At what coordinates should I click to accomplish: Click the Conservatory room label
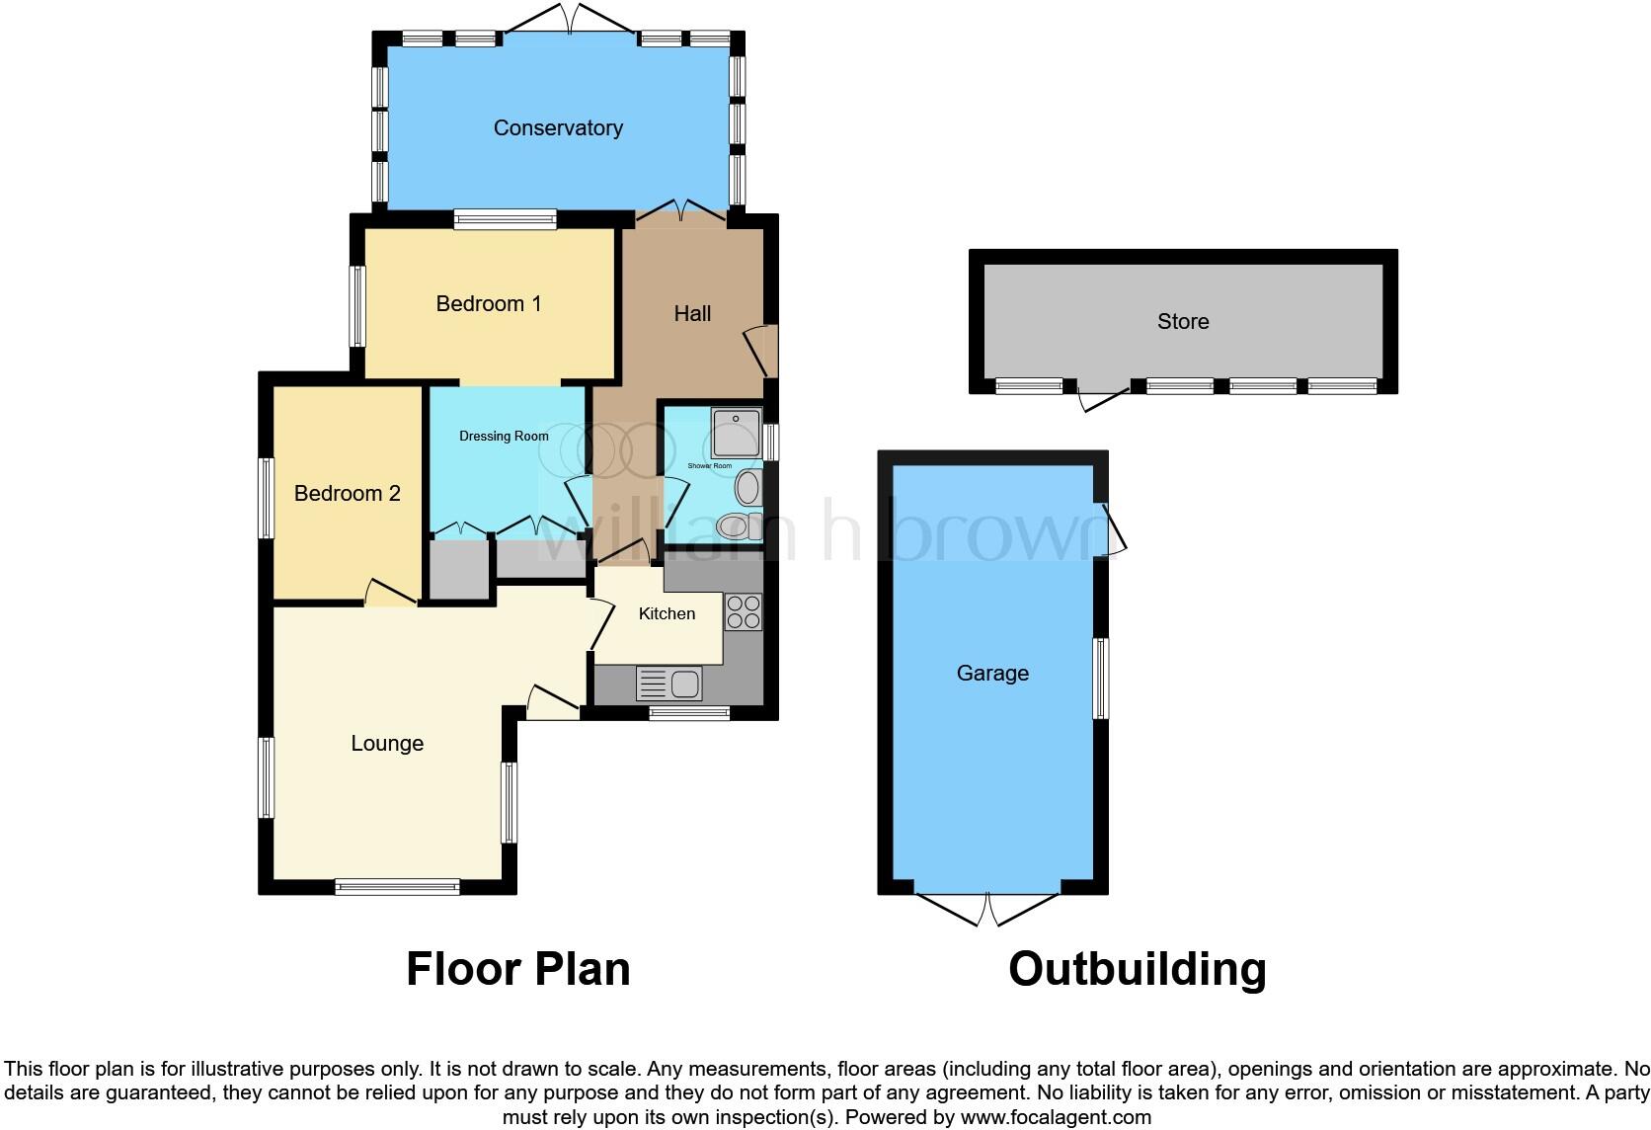(x=558, y=128)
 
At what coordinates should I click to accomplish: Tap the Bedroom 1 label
(x=489, y=304)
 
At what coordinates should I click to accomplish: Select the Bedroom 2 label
(x=348, y=494)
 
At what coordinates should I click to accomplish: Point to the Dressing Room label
(x=504, y=437)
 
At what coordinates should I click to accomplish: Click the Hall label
(x=692, y=314)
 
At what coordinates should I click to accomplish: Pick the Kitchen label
(x=667, y=614)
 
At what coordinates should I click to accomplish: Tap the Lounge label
(x=387, y=744)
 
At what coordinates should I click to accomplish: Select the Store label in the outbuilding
(x=1183, y=322)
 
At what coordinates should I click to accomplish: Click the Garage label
(x=992, y=674)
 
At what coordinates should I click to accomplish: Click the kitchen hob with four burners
(x=744, y=612)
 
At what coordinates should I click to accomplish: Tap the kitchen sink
(x=669, y=683)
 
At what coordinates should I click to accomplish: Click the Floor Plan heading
(x=518, y=969)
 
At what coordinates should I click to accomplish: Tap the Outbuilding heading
(x=1138, y=969)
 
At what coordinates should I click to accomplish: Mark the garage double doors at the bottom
(x=987, y=909)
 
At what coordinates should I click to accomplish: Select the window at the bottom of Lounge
(x=397, y=887)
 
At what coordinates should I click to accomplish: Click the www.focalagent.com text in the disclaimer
(x=1056, y=1118)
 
